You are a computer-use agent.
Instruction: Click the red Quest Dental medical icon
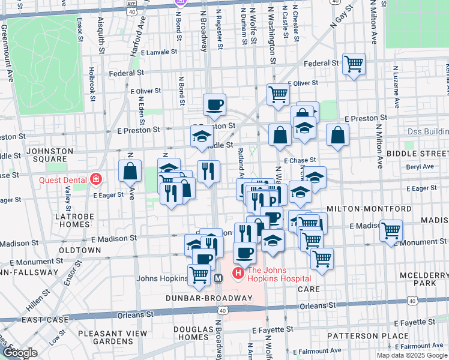point(95,179)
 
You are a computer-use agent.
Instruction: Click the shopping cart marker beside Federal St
point(354,63)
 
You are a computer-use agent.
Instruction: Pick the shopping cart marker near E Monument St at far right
point(391,230)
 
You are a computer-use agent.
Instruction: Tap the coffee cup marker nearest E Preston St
point(214,105)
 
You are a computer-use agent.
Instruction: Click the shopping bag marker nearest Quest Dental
point(130,171)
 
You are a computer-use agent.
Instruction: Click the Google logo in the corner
point(20,353)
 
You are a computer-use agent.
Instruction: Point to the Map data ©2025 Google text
point(412,355)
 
